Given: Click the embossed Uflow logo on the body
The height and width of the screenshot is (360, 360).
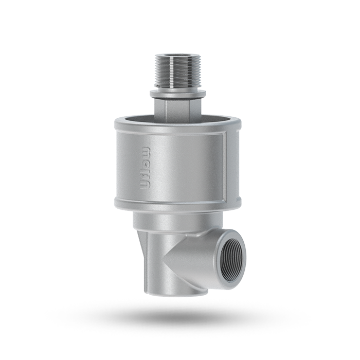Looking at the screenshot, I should click(x=146, y=167).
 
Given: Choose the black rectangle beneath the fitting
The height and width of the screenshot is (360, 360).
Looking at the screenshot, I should click(x=180, y=324).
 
